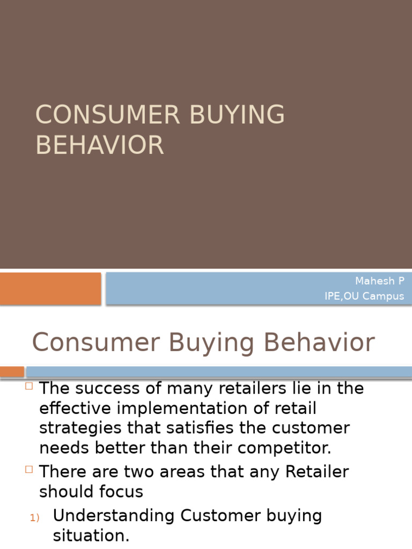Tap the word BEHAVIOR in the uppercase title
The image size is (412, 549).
(100, 145)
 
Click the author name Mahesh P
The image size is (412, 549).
(380, 281)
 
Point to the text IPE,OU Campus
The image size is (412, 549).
(364, 296)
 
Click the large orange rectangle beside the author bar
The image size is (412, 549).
(50, 288)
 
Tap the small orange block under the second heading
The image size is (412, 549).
(12, 372)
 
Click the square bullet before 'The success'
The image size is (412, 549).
(29, 386)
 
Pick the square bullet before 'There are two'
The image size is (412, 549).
(29, 470)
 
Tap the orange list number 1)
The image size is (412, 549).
(35, 517)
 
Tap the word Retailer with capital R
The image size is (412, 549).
(317, 472)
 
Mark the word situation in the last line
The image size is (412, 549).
(91, 536)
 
